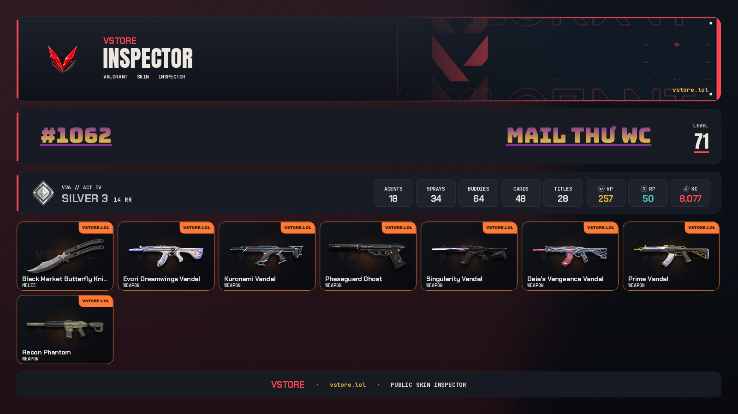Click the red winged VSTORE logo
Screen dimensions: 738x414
pos(63,59)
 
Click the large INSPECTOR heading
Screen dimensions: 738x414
pos(148,58)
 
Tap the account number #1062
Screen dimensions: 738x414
pos(76,135)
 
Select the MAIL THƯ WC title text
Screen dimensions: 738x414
pos(578,135)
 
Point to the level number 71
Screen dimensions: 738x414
pos(701,141)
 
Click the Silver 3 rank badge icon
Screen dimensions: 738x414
pos(43,193)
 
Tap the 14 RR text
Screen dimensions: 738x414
pos(123,200)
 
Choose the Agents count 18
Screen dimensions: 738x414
pos(393,199)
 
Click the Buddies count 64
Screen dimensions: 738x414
pos(478,199)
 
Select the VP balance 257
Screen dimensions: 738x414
pos(606,199)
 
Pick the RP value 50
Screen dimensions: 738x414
pos(648,199)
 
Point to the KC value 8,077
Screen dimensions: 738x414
pos(690,199)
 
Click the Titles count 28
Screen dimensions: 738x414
pos(563,199)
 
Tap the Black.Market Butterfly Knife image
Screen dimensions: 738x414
pos(65,255)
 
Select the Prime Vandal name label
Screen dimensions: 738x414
pos(648,279)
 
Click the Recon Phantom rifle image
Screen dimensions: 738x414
pos(65,328)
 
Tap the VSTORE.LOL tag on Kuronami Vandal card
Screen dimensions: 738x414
pos(298,228)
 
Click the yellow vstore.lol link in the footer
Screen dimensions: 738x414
pos(348,384)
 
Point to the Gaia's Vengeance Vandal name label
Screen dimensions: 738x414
pos(565,279)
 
